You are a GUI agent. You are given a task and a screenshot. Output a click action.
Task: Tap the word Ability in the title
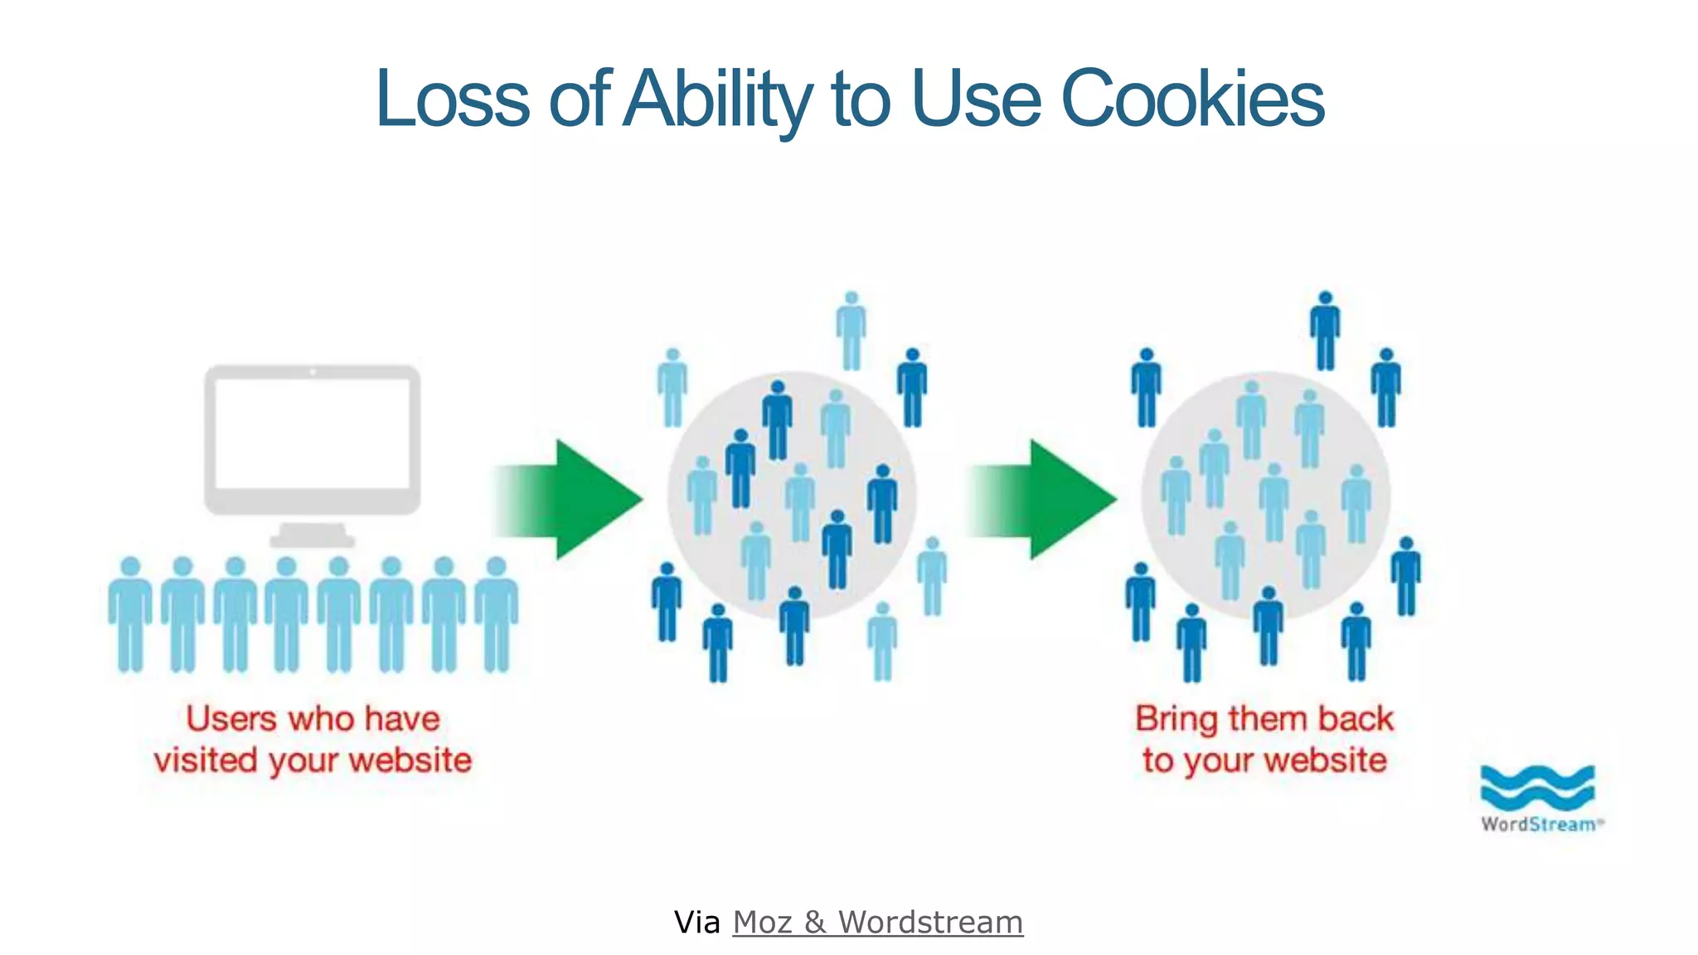click(x=717, y=99)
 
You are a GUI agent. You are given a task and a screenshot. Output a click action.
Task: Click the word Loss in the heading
click(x=453, y=99)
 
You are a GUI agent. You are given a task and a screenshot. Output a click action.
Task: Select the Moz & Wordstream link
click(x=877, y=922)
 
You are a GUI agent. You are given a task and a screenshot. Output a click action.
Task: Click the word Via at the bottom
click(x=696, y=922)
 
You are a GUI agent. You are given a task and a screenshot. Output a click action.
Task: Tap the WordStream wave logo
click(x=1537, y=788)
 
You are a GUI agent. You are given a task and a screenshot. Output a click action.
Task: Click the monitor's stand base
click(x=313, y=540)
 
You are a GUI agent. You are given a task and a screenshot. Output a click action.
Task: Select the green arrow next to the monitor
click(x=580, y=498)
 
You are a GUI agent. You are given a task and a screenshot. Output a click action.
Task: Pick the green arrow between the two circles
click(x=1053, y=498)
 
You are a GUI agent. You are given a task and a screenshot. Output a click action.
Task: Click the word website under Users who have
click(x=410, y=760)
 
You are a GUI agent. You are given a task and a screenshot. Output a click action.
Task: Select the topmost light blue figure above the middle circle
click(x=851, y=330)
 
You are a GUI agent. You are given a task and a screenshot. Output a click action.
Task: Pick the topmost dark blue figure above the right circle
click(x=1325, y=330)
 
